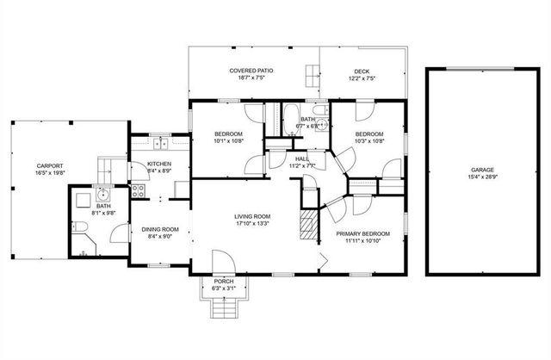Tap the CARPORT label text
click(x=48, y=165)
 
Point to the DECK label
click(x=362, y=71)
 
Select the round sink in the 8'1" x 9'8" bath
click(x=102, y=194)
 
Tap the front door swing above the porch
click(x=222, y=261)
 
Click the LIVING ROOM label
click(x=253, y=216)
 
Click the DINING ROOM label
click(x=159, y=229)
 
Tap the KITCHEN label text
click(x=159, y=164)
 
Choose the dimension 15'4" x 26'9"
click(x=481, y=177)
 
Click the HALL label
click(x=302, y=158)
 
